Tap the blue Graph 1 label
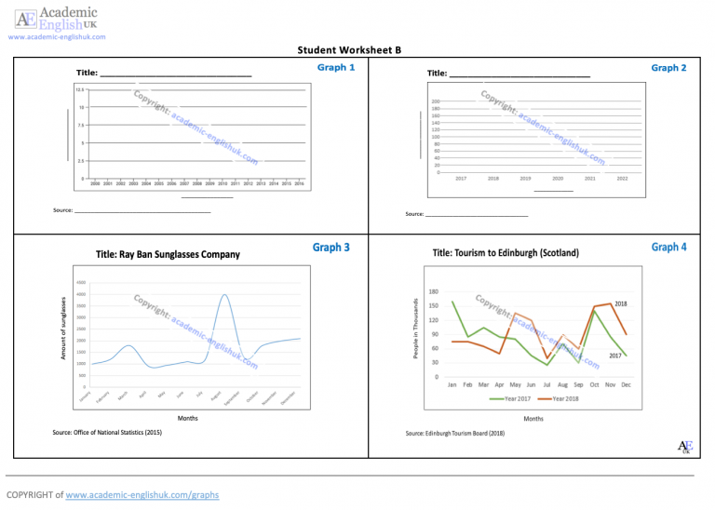click(335, 67)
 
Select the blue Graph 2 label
click(668, 67)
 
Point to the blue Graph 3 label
click(331, 248)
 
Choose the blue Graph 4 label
click(669, 247)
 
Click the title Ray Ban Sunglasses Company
click(168, 254)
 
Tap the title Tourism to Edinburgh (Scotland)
click(506, 253)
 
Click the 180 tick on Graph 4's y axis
click(433, 292)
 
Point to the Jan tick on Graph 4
click(452, 384)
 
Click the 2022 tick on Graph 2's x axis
click(622, 178)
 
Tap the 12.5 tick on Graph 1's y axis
click(80, 89)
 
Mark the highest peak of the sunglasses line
click(224, 295)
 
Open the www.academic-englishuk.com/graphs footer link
click(142, 495)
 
